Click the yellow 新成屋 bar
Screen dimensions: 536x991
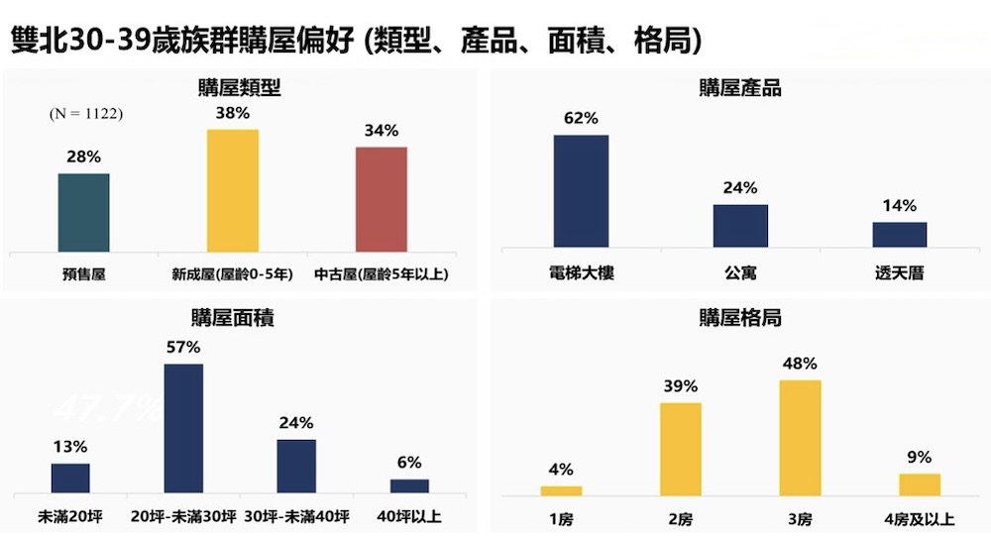pos(233,190)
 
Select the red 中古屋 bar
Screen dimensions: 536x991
pos(382,199)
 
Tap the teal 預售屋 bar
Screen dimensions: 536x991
pos(84,212)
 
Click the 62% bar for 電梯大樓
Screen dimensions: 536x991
pos(581,190)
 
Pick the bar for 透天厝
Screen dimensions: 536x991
pos(900,234)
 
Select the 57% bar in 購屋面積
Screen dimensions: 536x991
pos(183,428)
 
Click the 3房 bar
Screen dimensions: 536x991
pos(801,437)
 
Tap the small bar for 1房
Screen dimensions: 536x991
pos(562,489)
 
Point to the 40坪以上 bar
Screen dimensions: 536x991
pos(409,485)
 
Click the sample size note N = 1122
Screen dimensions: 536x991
pos(86,114)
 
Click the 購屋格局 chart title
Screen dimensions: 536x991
pos(740,319)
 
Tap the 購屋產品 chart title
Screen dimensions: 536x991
pos(740,88)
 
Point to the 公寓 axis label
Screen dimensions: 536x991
pos(740,271)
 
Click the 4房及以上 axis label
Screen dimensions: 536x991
pos(920,517)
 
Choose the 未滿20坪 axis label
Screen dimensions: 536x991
pos(70,516)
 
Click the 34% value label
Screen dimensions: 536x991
pos(382,131)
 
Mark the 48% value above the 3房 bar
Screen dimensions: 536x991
pos(801,363)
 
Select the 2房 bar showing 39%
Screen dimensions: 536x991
pos(681,448)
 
